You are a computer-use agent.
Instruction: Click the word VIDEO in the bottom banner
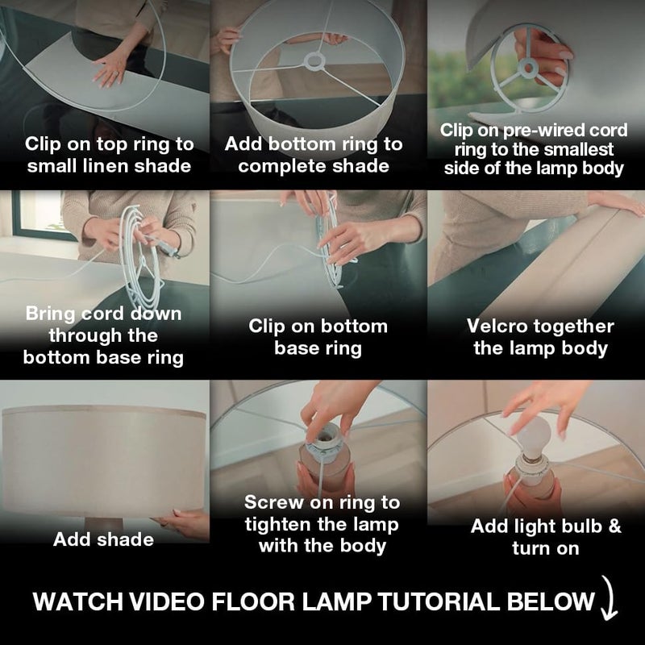click(167, 601)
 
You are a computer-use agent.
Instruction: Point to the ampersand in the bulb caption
click(614, 526)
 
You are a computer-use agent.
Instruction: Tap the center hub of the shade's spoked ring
click(314, 61)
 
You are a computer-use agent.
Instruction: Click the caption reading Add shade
click(103, 539)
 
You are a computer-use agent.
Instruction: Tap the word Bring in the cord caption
click(51, 314)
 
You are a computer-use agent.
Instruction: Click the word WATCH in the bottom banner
click(77, 601)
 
